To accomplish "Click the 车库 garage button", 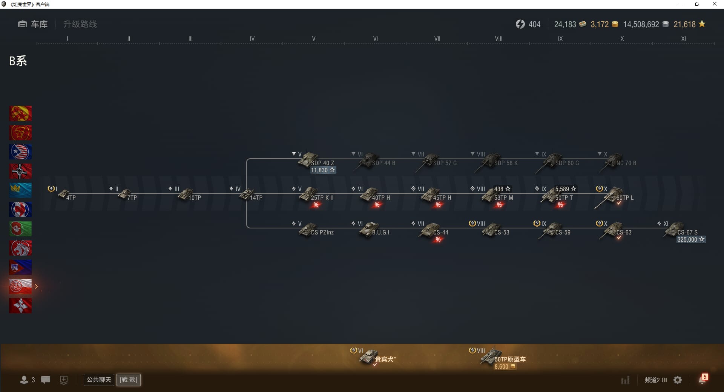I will [33, 24].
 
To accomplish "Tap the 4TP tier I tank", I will [67, 195].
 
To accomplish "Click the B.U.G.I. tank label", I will [381, 233].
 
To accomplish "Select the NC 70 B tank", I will [618, 161].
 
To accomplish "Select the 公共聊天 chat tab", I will [99, 380].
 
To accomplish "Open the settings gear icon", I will [678, 380].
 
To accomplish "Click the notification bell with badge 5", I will [703, 380].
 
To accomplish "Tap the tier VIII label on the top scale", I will [499, 38].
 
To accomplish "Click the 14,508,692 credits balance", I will [641, 24].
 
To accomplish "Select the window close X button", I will [714, 4].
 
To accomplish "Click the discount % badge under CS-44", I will [438, 240].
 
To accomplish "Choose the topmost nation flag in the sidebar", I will [20, 113].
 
